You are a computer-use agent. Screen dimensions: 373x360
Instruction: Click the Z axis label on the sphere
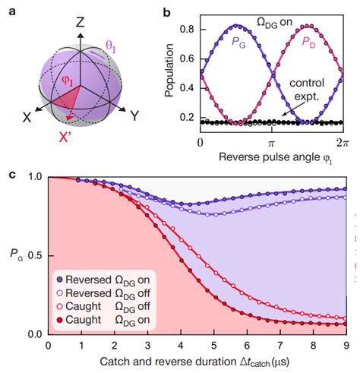pyautogui.click(x=80, y=22)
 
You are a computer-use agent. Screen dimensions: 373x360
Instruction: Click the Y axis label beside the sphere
pyautogui.click(x=135, y=115)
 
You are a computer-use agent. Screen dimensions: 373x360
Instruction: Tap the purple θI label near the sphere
pyautogui.click(x=111, y=47)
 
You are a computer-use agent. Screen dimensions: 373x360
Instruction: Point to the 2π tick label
pyautogui.click(x=339, y=142)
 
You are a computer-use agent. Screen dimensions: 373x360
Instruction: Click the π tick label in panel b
pyautogui.click(x=270, y=142)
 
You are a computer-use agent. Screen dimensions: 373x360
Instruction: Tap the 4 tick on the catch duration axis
pyautogui.click(x=180, y=345)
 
